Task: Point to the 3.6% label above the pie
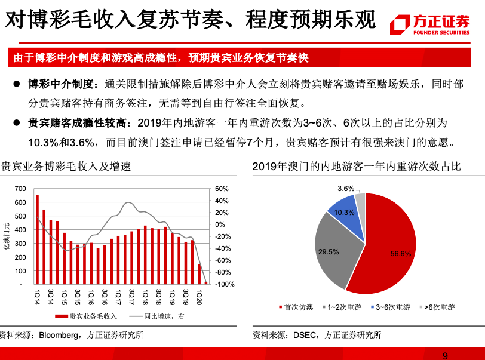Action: pyautogui.click(x=346, y=189)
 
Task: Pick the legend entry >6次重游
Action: pyautogui.click(x=439, y=307)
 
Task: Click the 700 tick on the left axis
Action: pyautogui.click(x=20, y=189)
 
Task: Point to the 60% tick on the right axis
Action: pyautogui.click(x=220, y=189)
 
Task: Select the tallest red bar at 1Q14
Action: pyautogui.click(x=37, y=239)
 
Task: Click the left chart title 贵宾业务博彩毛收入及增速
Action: pyautogui.click(x=66, y=167)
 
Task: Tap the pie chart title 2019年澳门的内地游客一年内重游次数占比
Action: pyautogui.click(x=357, y=167)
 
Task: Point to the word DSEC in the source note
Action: pyautogui.click(x=305, y=335)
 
